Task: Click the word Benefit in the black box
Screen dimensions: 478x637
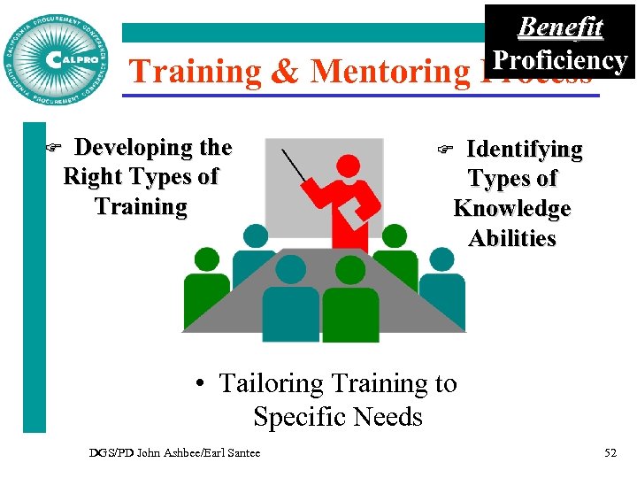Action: [x=559, y=27]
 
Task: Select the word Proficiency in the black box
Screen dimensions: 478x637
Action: [x=559, y=60]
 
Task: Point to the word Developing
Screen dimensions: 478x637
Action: [x=153, y=148]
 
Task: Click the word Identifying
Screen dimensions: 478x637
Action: [x=524, y=150]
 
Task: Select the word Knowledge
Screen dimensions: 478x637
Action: [x=511, y=209]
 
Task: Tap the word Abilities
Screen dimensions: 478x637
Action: [x=511, y=239]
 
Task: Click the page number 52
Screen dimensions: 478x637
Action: [x=610, y=453]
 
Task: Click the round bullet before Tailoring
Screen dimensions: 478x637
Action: [x=202, y=384]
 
